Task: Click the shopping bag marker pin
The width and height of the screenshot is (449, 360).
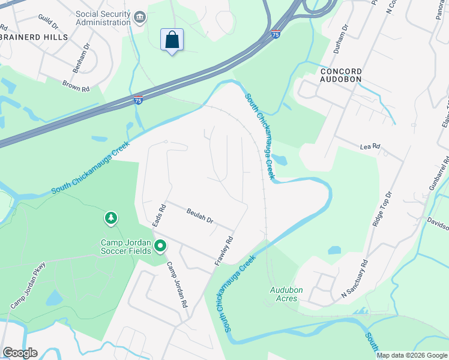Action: tap(172, 40)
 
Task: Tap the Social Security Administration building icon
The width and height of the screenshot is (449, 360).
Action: tap(140, 16)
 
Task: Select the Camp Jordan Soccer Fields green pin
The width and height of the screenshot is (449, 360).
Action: tap(160, 245)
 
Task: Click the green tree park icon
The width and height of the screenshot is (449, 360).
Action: tap(110, 218)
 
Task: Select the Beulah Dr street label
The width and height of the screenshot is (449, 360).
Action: tap(200, 216)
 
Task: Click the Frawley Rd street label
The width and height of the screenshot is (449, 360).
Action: tap(223, 251)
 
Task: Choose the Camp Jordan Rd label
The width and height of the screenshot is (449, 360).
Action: tap(177, 285)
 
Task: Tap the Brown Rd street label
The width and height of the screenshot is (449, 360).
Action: tap(76, 86)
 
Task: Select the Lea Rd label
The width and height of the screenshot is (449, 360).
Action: tap(370, 146)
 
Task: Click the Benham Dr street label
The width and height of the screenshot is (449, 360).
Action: tap(80, 58)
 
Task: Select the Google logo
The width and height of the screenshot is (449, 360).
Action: tap(20, 353)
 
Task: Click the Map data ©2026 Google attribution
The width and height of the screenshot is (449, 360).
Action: tap(412, 355)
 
